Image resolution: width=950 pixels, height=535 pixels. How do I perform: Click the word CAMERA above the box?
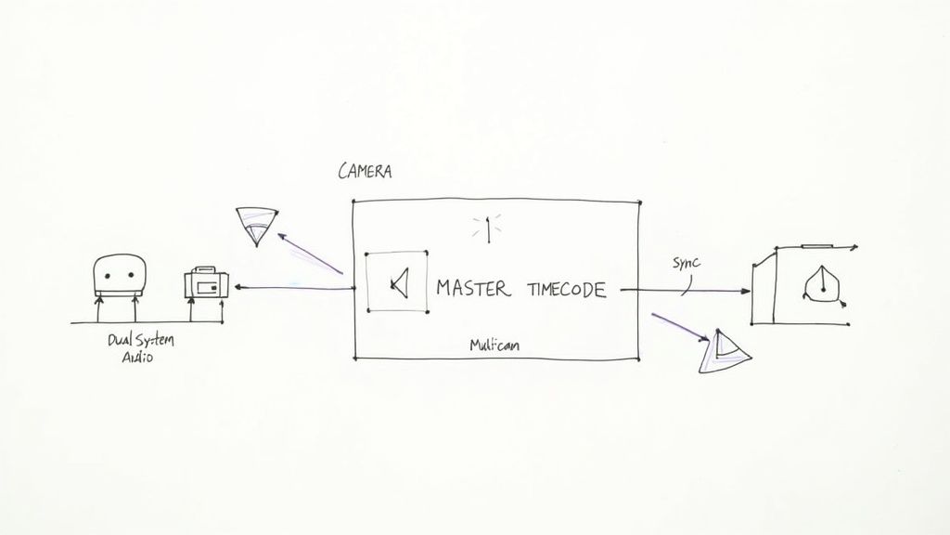[x=365, y=172]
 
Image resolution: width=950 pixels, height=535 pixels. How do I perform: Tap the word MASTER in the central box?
[x=472, y=289]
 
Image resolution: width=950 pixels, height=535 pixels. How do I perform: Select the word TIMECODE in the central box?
[x=566, y=290]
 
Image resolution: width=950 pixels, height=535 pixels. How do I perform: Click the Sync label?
[x=687, y=263]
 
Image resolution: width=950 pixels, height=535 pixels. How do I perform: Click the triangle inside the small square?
[x=399, y=282]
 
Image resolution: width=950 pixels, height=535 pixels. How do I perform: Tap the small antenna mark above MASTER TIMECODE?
[x=487, y=228]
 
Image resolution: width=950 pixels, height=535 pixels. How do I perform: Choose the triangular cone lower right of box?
[x=723, y=352]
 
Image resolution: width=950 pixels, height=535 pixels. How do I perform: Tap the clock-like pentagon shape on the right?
[x=821, y=282]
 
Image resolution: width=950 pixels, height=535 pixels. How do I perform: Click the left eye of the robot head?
[x=107, y=276]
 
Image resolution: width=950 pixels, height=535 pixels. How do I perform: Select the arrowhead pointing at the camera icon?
[x=238, y=288]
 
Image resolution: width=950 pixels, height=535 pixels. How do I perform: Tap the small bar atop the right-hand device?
[x=816, y=247]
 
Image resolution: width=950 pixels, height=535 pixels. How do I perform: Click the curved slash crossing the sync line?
[x=684, y=287]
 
